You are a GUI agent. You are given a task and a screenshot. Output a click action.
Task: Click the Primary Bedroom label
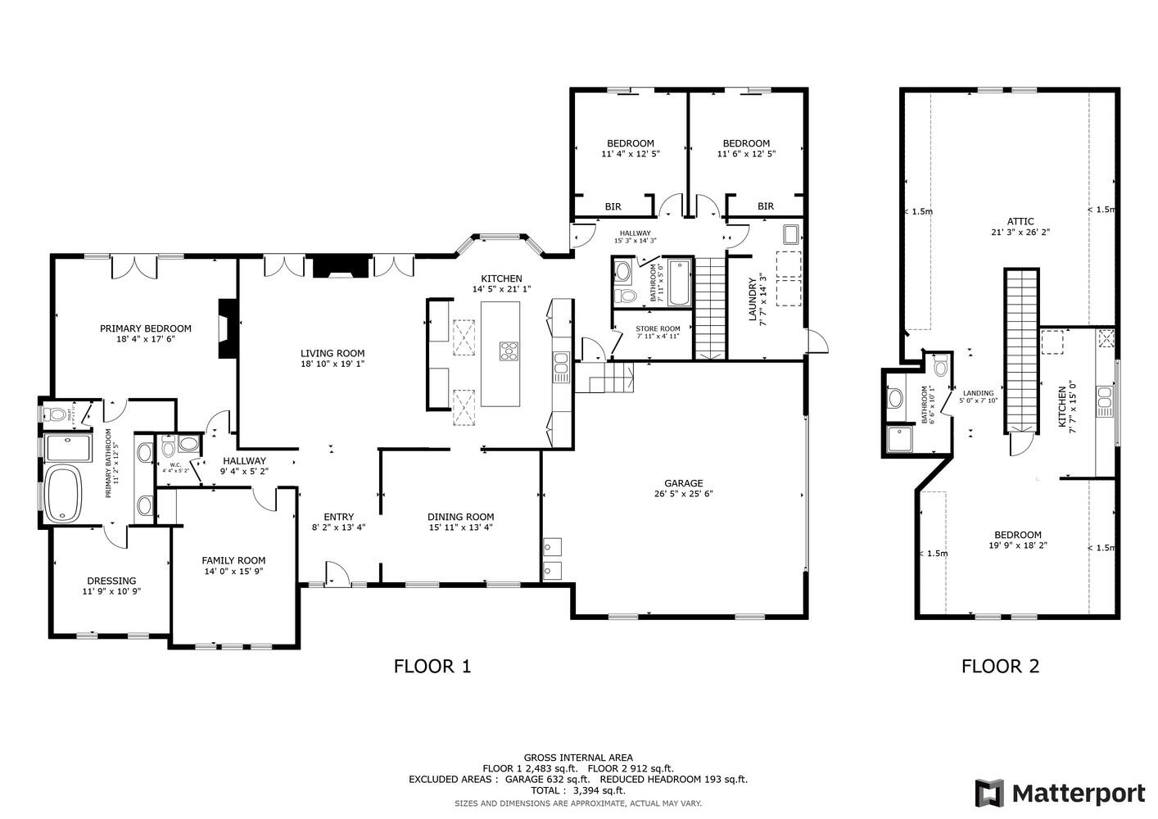pyautogui.click(x=145, y=328)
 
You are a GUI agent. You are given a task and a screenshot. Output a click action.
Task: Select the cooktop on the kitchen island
pyautogui.click(x=509, y=351)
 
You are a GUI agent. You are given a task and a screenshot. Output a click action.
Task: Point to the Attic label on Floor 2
pyautogui.click(x=1020, y=221)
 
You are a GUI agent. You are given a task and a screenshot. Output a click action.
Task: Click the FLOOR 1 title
pyautogui.click(x=432, y=666)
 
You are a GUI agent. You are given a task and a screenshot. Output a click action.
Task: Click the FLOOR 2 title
pyautogui.click(x=1000, y=666)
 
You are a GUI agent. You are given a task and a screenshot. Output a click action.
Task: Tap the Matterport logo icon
pyautogui.click(x=989, y=793)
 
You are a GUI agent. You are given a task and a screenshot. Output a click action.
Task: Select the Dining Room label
pyautogui.click(x=460, y=517)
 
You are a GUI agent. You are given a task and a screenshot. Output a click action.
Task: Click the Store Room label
pyautogui.click(x=658, y=328)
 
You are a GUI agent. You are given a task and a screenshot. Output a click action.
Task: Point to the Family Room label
pyautogui.click(x=233, y=560)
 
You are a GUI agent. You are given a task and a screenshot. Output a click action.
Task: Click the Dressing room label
pyautogui.click(x=111, y=581)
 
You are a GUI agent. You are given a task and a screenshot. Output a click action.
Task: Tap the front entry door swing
pyautogui.click(x=335, y=572)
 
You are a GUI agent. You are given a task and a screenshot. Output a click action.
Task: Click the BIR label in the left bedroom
pyautogui.click(x=613, y=206)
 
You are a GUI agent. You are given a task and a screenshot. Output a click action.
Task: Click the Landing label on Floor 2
pyautogui.click(x=978, y=393)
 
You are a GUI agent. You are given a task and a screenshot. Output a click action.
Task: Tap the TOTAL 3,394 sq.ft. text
pyautogui.click(x=577, y=790)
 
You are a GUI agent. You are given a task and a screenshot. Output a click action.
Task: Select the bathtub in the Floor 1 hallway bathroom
pyautogui.click(x=679, y=283)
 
